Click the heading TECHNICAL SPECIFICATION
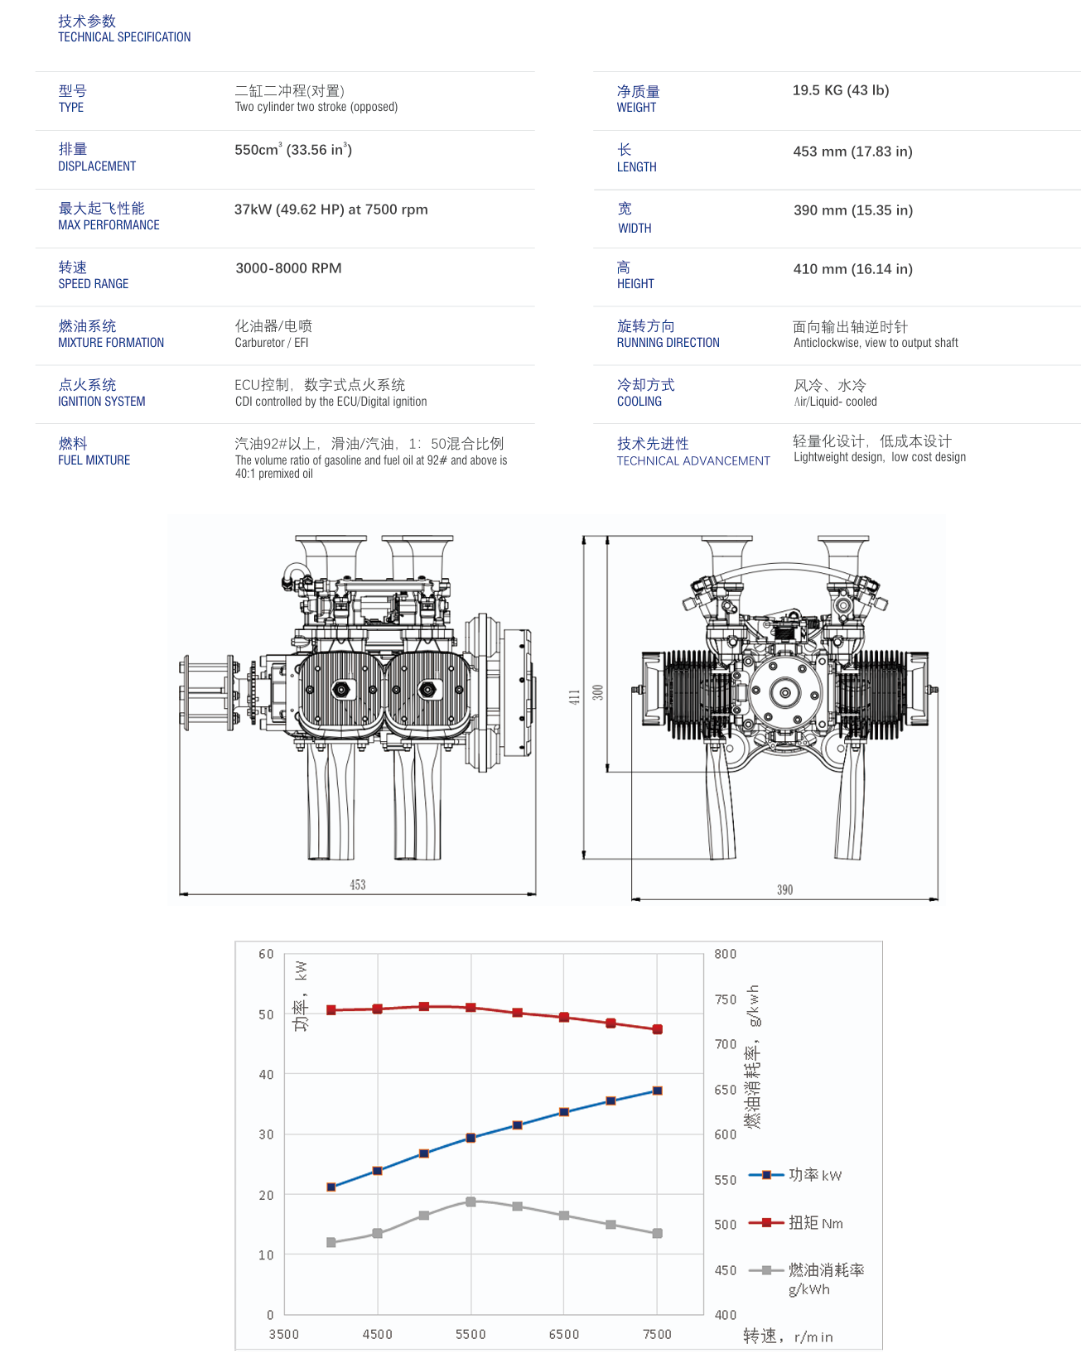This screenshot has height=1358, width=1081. click(x=124, y=37)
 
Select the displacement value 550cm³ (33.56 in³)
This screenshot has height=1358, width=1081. click(x=293, y=150)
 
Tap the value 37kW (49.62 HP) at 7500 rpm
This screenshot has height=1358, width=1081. click(x=331, y=209)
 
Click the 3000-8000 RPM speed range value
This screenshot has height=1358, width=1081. click(x=288, y=268)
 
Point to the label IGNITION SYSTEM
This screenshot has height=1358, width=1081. click(x=101, y=402)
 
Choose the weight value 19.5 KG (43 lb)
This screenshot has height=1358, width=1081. click(x=840, y=90)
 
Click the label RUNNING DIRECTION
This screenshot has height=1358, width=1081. click(x=668, y=343)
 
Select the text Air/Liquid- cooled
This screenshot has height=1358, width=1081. click(x=835, y=402)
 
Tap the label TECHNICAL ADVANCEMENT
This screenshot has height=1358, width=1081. click(x=693, y=461)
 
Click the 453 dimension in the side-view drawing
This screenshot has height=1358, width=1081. click(x=358, y=885)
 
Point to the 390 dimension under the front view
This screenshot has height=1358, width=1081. click(x=784, y=890)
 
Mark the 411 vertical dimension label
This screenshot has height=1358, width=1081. click(x=574, y=697)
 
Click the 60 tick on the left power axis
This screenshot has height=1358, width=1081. click(x=266, y=954)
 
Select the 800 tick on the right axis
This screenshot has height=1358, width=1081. click(x=726, y=954)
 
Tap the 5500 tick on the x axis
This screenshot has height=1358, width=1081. click(x=471, y=1334)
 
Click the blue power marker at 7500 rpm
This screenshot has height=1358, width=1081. click(x=658, y=1091)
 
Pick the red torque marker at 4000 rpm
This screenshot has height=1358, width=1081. click(x=331, y=1010)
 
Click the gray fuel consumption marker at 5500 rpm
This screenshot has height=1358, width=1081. click(x=471, y=1201)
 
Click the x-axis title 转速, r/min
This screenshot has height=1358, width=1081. click(x=788, y=1336)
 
